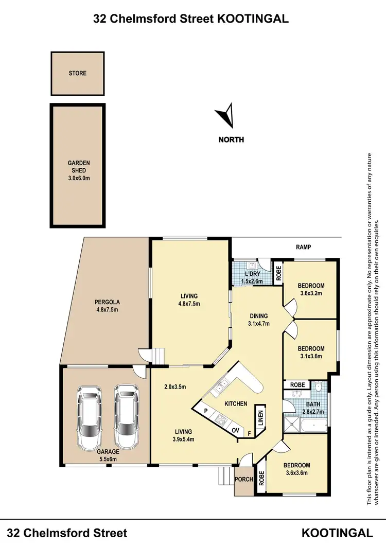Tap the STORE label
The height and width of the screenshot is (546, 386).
point(78,73)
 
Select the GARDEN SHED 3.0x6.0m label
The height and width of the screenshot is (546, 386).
point(79,170)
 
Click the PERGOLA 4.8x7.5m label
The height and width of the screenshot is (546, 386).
point(107,306)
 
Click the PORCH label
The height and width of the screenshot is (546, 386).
point(244,479)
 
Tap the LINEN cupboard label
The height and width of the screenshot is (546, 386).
point(260,418)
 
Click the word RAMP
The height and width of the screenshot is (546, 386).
point(304,247)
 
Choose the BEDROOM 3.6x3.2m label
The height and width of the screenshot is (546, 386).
point(311,289)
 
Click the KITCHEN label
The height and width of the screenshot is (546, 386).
point(235,404)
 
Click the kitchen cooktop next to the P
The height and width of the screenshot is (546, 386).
point(220,419)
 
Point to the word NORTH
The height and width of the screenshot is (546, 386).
point(231,139)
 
